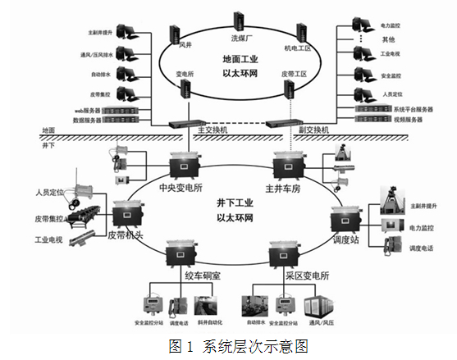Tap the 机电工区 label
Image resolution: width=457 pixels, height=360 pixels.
(298, 48)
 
